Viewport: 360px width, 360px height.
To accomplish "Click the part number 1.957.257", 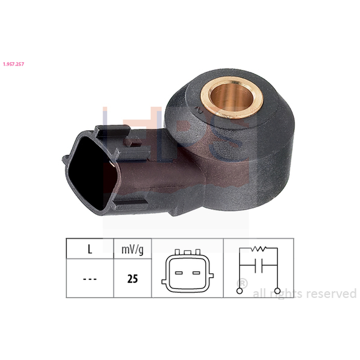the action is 13,64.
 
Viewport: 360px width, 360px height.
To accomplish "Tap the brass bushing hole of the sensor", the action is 232,98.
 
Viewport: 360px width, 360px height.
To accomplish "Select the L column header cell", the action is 90,249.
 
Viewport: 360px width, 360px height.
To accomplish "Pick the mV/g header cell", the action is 132,249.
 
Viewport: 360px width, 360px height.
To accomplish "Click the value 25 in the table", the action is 132,279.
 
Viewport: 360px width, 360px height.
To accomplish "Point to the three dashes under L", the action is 90,279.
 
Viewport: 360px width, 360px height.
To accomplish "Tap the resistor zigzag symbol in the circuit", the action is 258,248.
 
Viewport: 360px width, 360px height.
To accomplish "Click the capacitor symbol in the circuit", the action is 258,265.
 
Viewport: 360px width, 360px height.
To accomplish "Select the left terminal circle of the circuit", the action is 239,291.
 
